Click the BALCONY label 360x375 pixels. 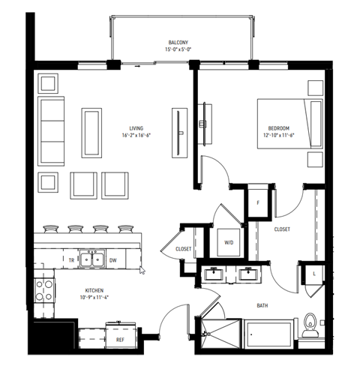click(x=178, y=42)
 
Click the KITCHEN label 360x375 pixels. click(x=94, y=290)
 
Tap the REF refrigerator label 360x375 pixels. click(x=120, y=339)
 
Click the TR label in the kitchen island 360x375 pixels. click(x=71, y=260)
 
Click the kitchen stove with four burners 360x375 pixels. click(x=44, y=289)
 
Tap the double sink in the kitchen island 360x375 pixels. click(x=94, y=259)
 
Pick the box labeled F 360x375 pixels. click(x=258, y=202)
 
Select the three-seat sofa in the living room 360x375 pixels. click(x=52, y=121)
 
